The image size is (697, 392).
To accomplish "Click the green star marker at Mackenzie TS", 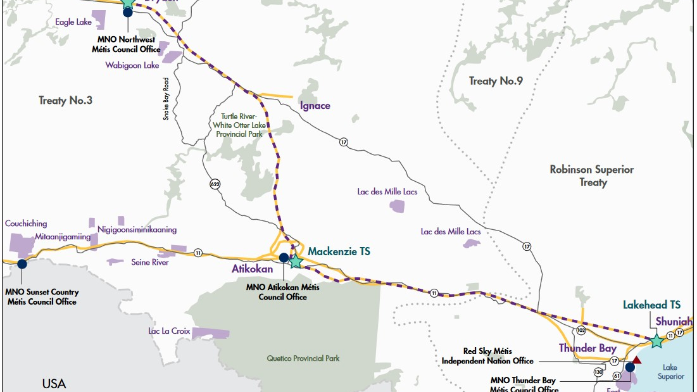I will [x=296, y=260].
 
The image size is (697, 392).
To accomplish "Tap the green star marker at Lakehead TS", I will [x=656, y=340].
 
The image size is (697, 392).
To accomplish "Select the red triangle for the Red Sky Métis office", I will [x=636, y=360].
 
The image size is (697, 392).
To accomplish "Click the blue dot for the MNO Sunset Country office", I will [x=22, y=264].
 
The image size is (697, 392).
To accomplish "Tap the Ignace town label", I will [x=315, y=106].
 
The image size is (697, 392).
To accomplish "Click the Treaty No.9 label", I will [x=495, y=80].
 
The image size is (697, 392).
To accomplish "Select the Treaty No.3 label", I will [x=65, y=100].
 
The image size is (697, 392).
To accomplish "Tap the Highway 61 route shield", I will [x=616, y=376].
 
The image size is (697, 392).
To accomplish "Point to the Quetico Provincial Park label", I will [x=303, y=358].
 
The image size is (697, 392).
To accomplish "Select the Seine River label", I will [x=149, y=262].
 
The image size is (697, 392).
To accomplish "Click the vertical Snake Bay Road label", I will [x=166, y=98].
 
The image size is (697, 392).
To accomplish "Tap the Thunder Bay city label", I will [x=587, y=348].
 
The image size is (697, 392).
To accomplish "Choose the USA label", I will [x=54, y=383].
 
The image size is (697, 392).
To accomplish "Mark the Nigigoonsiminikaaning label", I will [x=137, y=229].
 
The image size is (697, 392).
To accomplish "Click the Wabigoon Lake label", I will [x=132, y=65].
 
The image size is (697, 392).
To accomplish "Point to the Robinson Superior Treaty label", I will [x=591, y=176].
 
